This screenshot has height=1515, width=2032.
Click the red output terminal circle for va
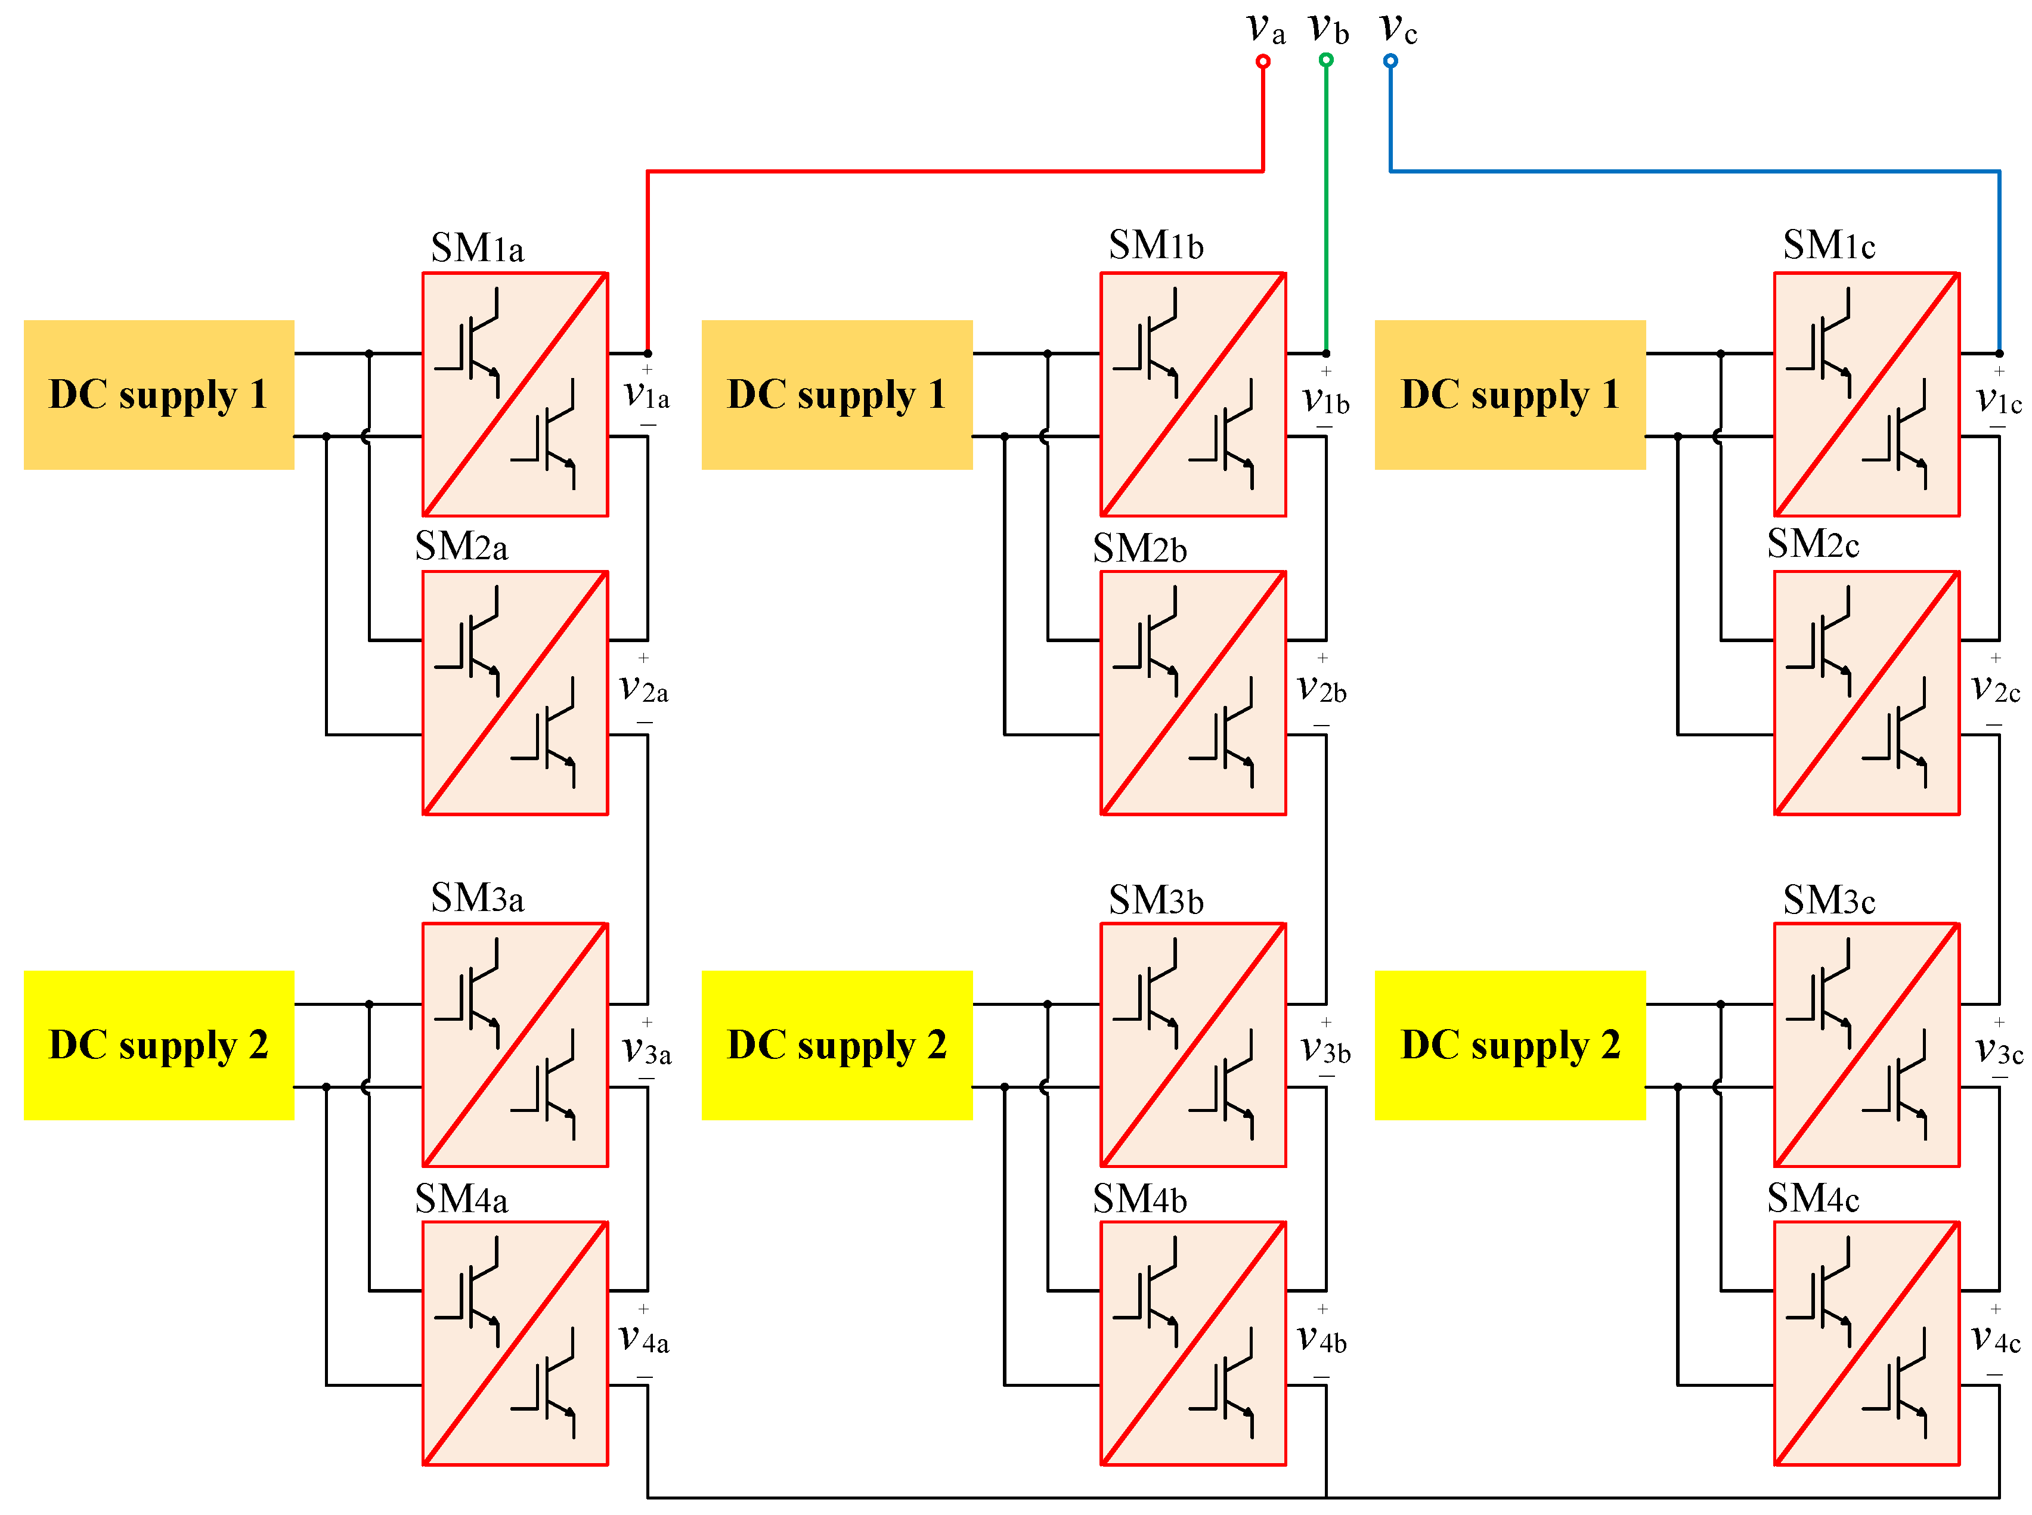1263,61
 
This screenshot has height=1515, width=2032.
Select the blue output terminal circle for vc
1390,61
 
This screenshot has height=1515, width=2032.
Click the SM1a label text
477,249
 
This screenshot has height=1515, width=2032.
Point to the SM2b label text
1140,549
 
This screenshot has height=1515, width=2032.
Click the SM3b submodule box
1193,1045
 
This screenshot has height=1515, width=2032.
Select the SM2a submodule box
515,692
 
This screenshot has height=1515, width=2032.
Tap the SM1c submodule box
1867,394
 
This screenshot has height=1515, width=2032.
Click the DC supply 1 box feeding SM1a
159,394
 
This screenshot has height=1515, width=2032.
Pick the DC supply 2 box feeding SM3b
837,1045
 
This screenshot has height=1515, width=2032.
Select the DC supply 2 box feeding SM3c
1510,1045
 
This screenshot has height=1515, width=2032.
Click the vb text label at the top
1328,29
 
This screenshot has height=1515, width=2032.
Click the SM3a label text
477,898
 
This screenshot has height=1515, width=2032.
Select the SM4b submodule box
1193,1343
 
